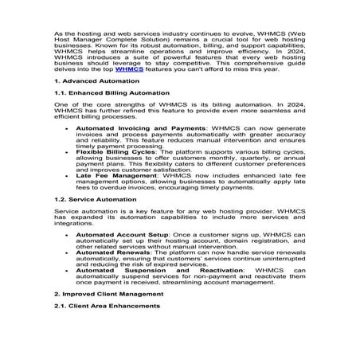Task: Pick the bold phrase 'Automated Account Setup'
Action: click(116, 236)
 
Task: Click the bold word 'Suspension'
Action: click(166, 271)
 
